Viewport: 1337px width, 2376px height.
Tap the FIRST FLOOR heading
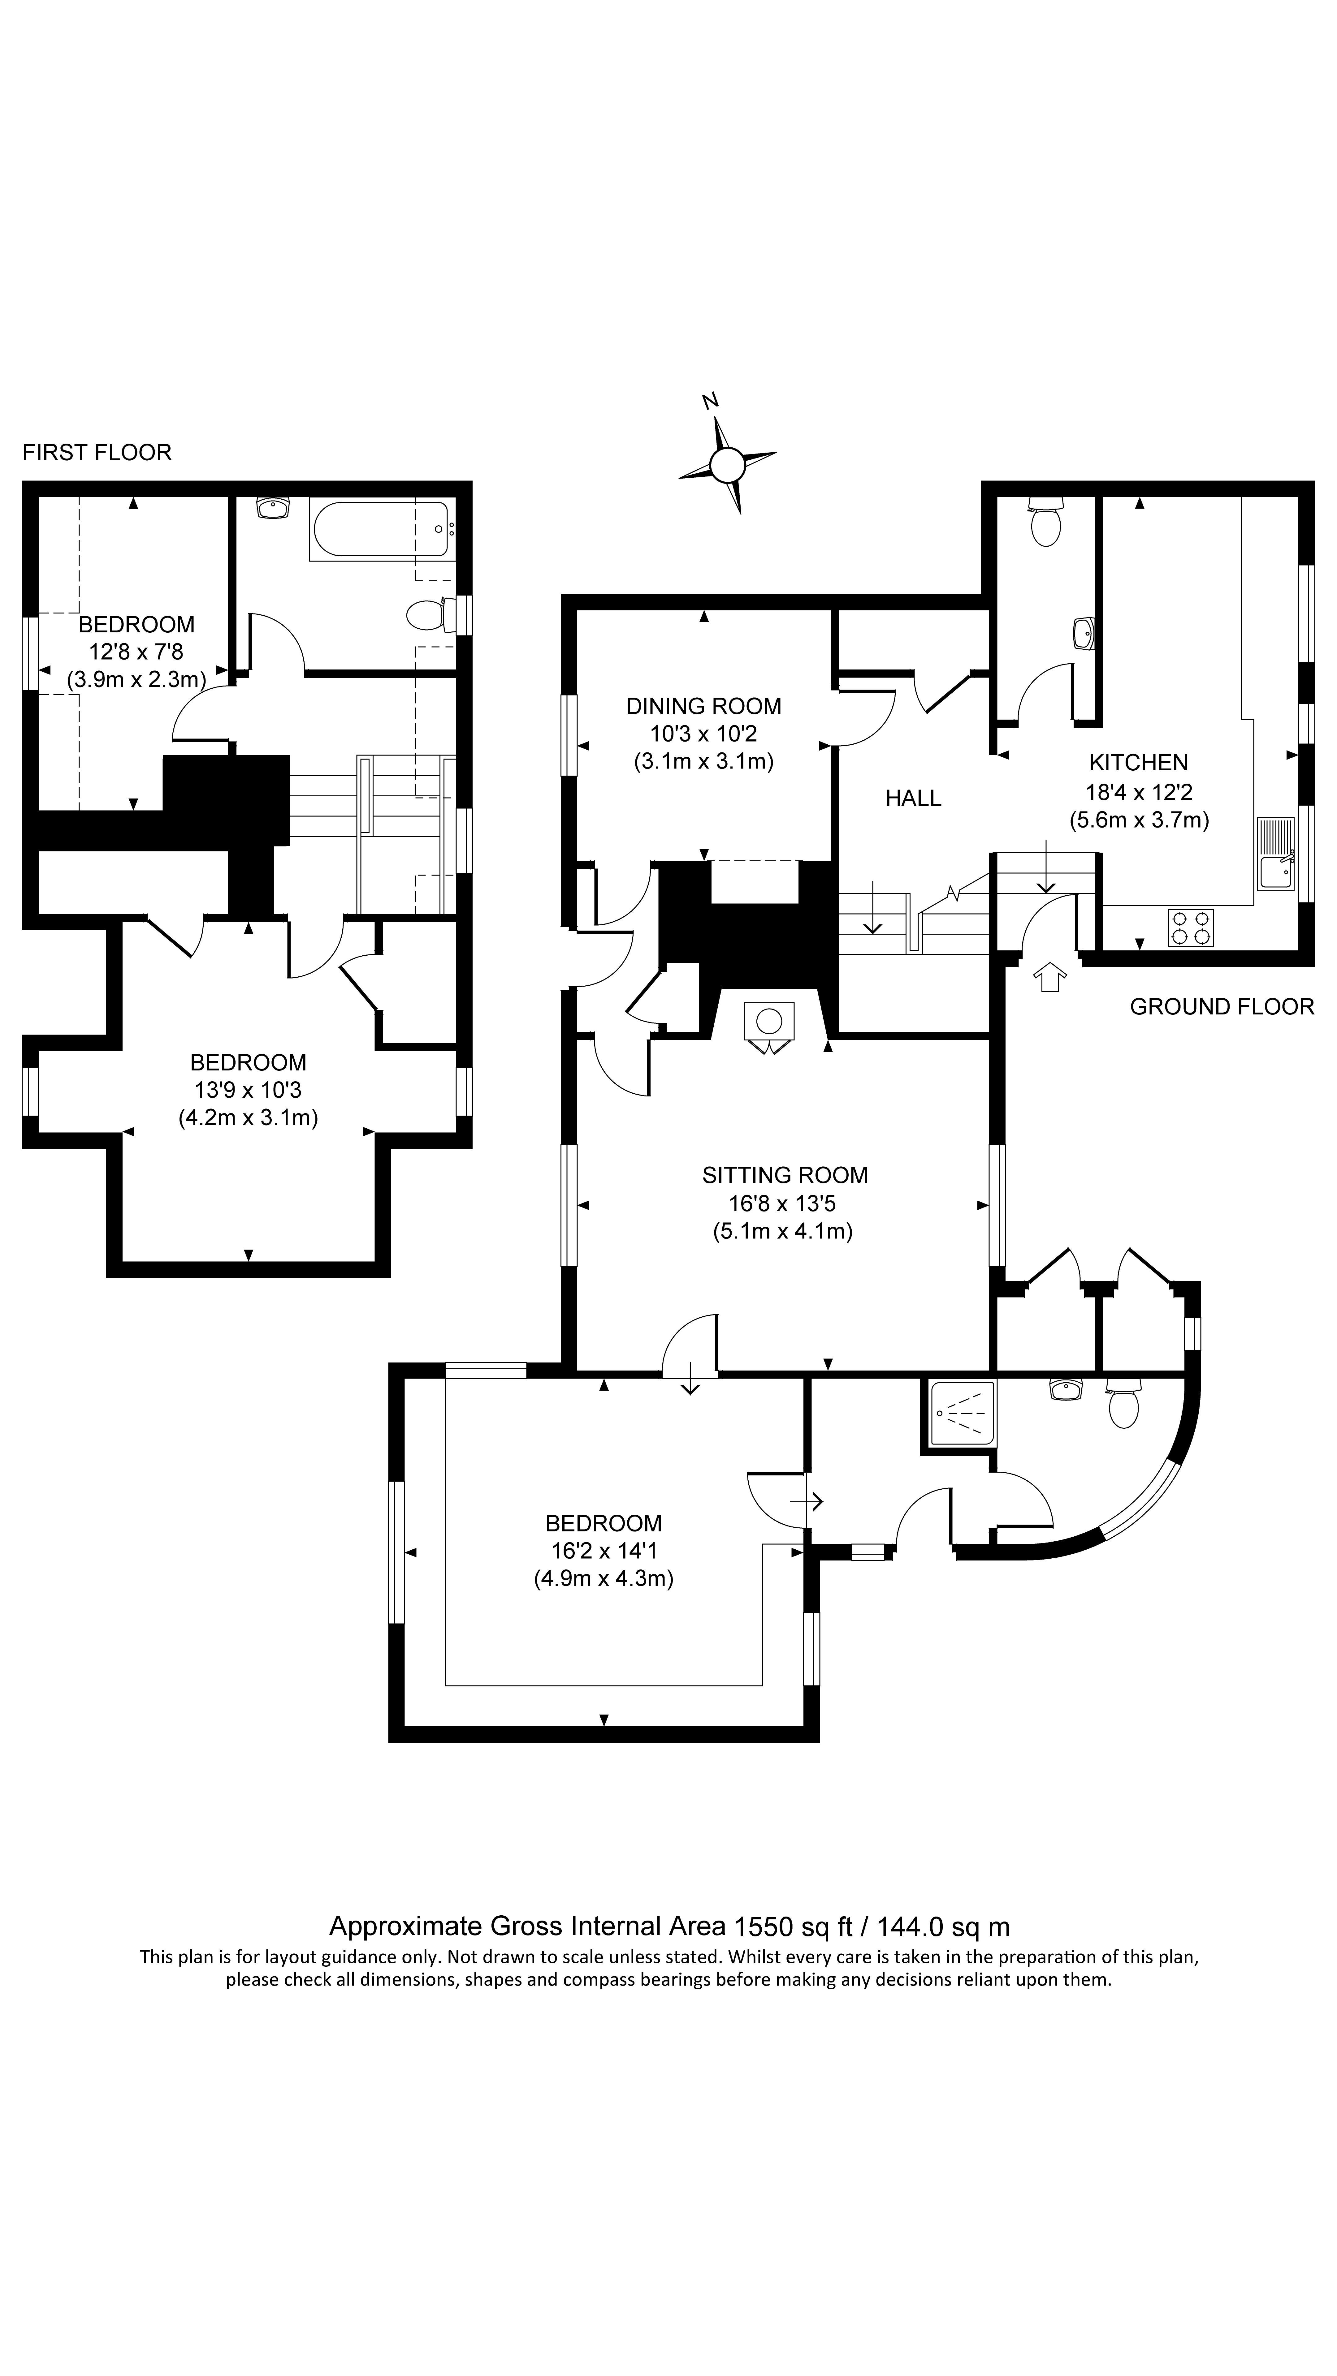(x=97, y=452)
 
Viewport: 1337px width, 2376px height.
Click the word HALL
(x=913, y=798)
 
